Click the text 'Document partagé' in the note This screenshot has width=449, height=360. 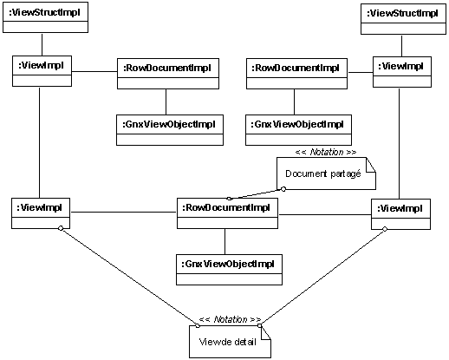323,173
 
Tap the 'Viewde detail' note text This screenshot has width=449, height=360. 228,342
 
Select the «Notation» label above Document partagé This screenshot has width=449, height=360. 326,152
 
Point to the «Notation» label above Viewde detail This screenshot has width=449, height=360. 230,319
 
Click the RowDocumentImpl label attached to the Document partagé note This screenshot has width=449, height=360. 226,207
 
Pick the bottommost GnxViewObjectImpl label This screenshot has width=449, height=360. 228,264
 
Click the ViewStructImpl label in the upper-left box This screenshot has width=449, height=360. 44,13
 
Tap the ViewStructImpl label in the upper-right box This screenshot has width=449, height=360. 402,13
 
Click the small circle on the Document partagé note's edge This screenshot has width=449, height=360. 283,189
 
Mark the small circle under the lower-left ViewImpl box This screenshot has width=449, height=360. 61,228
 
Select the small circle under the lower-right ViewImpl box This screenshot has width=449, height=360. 385,229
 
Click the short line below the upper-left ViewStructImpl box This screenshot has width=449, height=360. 42,44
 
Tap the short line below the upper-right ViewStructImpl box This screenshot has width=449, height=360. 401,46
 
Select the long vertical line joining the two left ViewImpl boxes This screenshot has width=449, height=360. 39,142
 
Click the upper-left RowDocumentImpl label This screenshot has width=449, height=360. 167,68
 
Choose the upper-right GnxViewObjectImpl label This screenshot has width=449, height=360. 297,124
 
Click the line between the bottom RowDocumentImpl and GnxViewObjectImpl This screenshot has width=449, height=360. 225,242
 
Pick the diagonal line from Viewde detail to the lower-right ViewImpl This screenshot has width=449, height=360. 322,278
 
